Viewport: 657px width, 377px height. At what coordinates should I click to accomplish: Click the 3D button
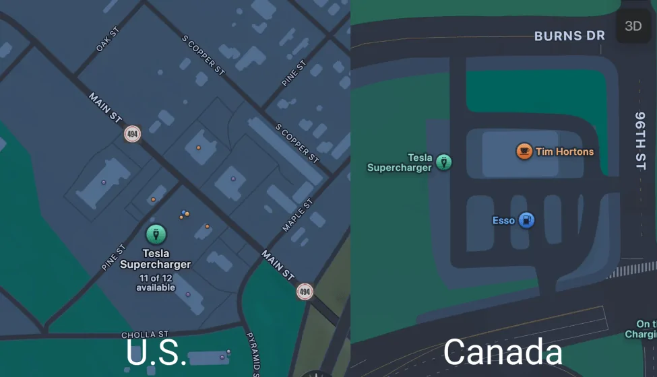[633, 26]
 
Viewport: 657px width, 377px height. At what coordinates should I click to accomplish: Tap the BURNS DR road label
[569, 36]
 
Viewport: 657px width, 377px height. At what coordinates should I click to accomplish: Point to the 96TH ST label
[640, 141]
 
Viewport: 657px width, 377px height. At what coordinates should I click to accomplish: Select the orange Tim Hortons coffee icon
[524, 151]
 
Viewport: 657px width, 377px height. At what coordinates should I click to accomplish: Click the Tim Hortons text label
[565, 151]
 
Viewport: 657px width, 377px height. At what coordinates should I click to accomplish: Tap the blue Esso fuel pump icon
[526, 220]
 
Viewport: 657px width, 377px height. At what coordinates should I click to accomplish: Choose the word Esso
[503, 220]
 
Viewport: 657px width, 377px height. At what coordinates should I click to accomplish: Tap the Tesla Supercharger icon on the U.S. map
[156, 234]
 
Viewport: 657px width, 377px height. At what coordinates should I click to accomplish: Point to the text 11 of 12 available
[156, 283]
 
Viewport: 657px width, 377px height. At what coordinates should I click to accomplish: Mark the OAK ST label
[107, 39]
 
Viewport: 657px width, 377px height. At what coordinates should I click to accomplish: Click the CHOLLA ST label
[145, 335]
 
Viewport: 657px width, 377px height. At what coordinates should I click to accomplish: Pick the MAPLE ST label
[297, 215]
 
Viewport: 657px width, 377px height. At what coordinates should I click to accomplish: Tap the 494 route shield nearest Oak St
[132, 134]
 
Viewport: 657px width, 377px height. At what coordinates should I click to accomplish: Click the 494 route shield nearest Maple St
[305, 292]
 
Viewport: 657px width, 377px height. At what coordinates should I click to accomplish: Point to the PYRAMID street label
[253, 353]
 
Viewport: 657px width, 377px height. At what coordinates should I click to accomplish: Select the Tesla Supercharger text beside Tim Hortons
[400, 163]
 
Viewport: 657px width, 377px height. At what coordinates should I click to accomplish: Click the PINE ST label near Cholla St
[113, 258]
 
